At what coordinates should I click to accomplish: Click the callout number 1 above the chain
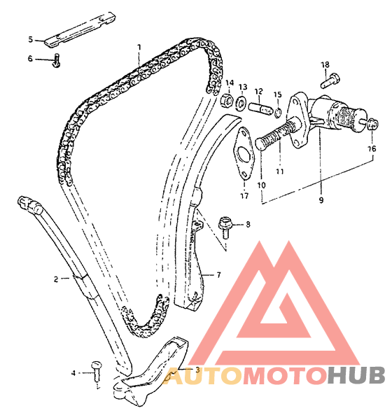139,48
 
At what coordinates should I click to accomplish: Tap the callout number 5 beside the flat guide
31,40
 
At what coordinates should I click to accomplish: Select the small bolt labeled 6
57,60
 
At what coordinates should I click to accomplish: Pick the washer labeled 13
241,103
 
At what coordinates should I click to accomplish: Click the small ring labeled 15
278,113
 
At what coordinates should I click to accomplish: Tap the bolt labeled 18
330,80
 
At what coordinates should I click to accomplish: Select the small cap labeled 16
373,124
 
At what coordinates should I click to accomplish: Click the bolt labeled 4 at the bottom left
96,370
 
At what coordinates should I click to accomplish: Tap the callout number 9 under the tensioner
321,199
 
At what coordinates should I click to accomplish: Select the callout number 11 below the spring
280,171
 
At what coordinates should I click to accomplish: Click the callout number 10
261,185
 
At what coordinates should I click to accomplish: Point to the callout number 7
218,275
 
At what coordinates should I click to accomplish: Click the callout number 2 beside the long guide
56,279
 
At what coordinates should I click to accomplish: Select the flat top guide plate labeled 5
80,30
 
